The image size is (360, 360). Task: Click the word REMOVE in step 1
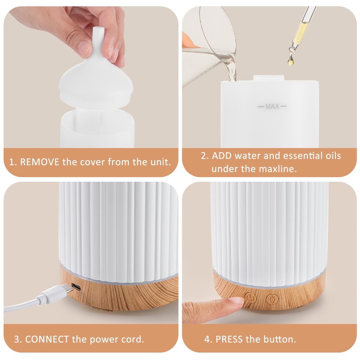pos(40,162)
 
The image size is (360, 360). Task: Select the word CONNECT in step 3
pos(47,339)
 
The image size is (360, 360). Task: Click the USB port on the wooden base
pos(77,287)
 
